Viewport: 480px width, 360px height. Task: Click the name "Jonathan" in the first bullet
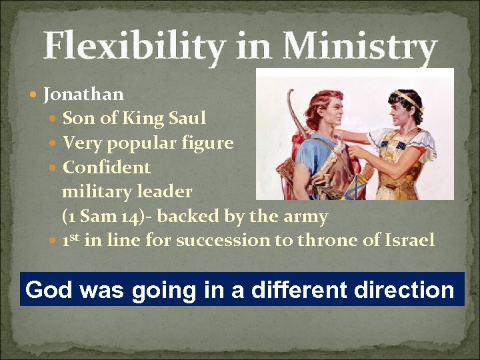point(83,95)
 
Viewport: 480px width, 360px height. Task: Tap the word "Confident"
point(107,167)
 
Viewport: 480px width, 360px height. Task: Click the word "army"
point(303,216)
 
